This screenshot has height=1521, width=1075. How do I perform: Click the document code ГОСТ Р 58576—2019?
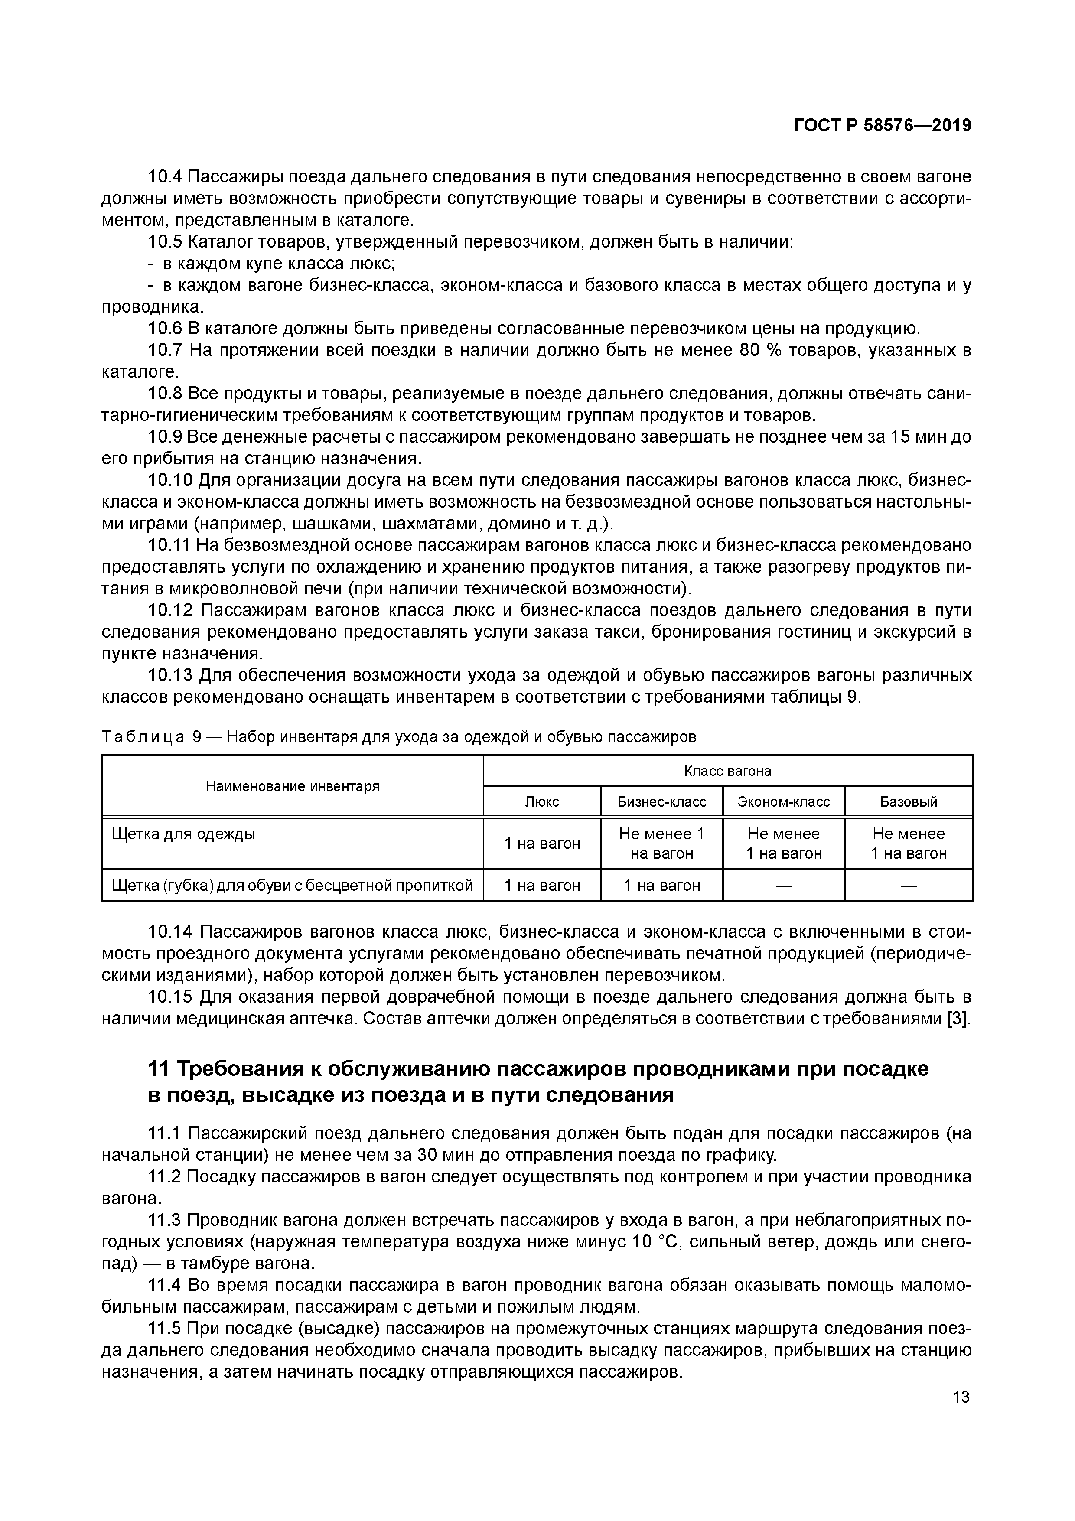click(x=882, y=125)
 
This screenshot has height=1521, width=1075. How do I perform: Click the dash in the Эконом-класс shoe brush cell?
click(x=784, y=886)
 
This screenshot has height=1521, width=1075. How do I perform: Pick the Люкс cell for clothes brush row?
click(x=542, y=844)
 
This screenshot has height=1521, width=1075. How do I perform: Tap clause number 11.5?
click(x=164, y=1328)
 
